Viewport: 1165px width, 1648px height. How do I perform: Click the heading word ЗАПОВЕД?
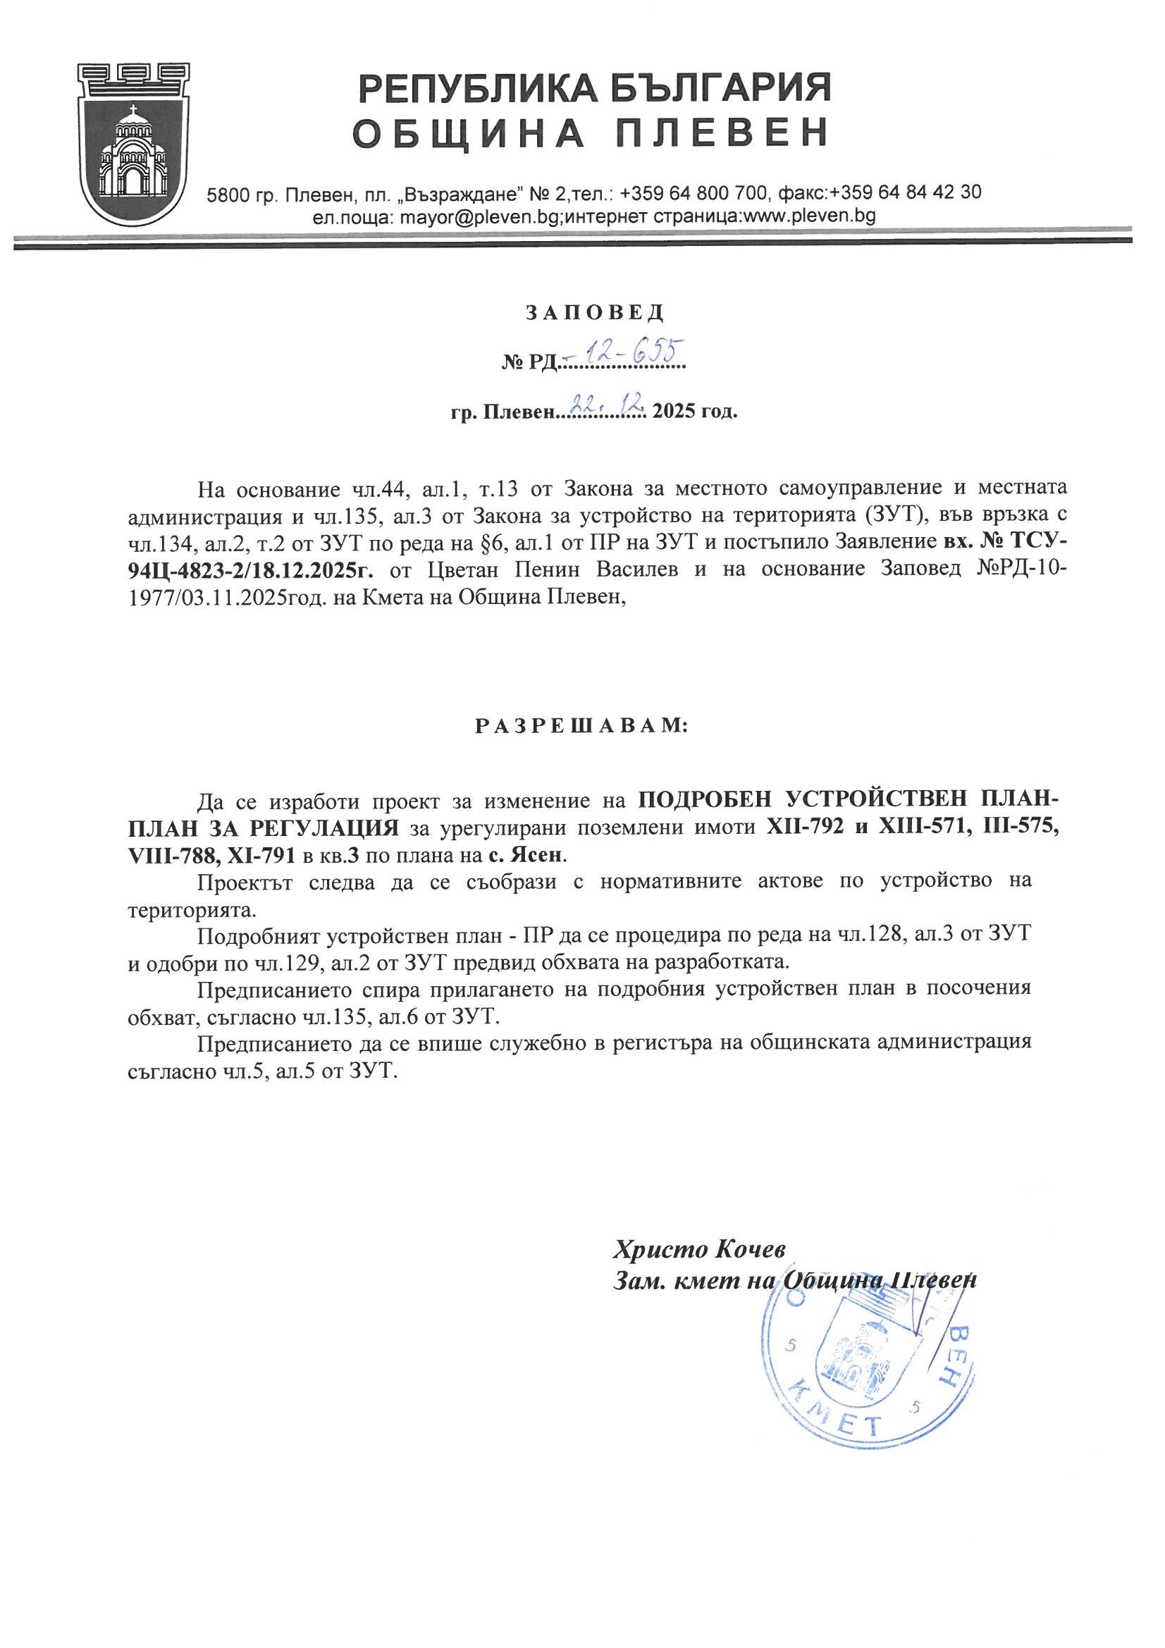tap(595, 313)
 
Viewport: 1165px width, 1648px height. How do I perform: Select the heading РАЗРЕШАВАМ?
tap(582, 727)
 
